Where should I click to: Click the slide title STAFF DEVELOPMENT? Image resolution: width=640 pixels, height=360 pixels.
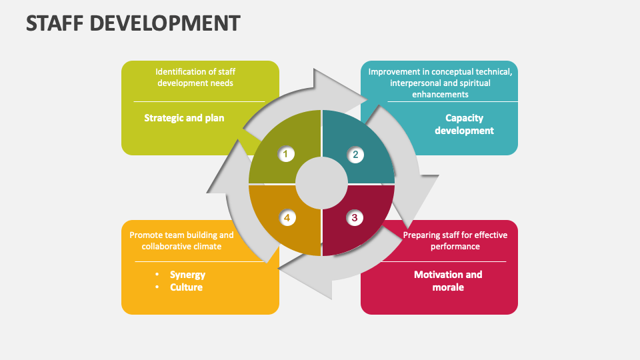(x=133, y=23)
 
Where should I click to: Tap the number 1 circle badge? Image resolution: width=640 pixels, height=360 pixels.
(x=285, y=155)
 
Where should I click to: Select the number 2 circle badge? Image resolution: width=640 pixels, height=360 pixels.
(x=355, y=155)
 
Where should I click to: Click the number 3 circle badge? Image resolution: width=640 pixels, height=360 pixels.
(x=354, y=217)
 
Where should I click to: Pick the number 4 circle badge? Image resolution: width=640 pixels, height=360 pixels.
(x=287, y=217)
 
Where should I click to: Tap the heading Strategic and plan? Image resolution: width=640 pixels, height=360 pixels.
(x=184, y=118)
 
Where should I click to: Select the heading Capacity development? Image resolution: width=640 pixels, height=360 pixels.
(x=464, y=124)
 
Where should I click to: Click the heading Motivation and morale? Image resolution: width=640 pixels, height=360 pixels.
(x=447, y=281)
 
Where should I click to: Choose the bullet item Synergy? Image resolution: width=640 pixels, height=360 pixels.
(x=187, y=275)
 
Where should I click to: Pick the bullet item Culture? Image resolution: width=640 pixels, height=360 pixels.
(x=186, y=287)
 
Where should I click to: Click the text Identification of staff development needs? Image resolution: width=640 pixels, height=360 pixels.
(x=195, y=77)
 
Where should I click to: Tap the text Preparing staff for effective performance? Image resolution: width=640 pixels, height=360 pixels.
(x=455, y=241)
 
